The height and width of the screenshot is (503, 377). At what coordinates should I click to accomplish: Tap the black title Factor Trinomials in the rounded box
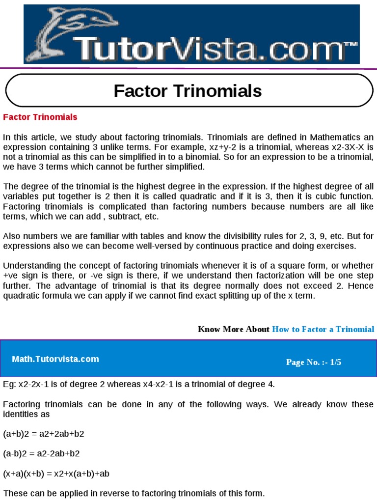[188, 91]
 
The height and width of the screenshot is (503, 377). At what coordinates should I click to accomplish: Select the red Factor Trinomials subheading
[40, 117]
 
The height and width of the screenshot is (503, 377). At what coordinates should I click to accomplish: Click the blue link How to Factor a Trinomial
[323, 329]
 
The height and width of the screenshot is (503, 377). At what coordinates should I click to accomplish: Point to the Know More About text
[234, 329]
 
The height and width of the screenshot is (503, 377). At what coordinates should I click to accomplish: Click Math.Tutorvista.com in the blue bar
[55, 359]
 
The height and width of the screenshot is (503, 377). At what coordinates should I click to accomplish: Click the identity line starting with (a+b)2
[47, 434]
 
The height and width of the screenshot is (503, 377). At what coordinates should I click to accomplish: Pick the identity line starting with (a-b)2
[41, 454]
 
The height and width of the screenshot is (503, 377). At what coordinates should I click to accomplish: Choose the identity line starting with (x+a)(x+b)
[56, 474]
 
